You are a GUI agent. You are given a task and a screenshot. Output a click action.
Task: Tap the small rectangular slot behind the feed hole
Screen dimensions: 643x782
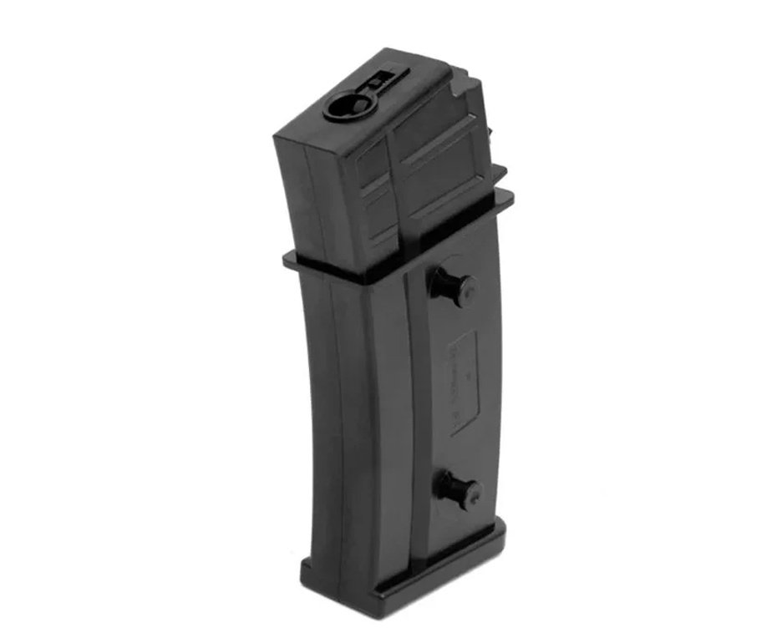coord(378,80)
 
